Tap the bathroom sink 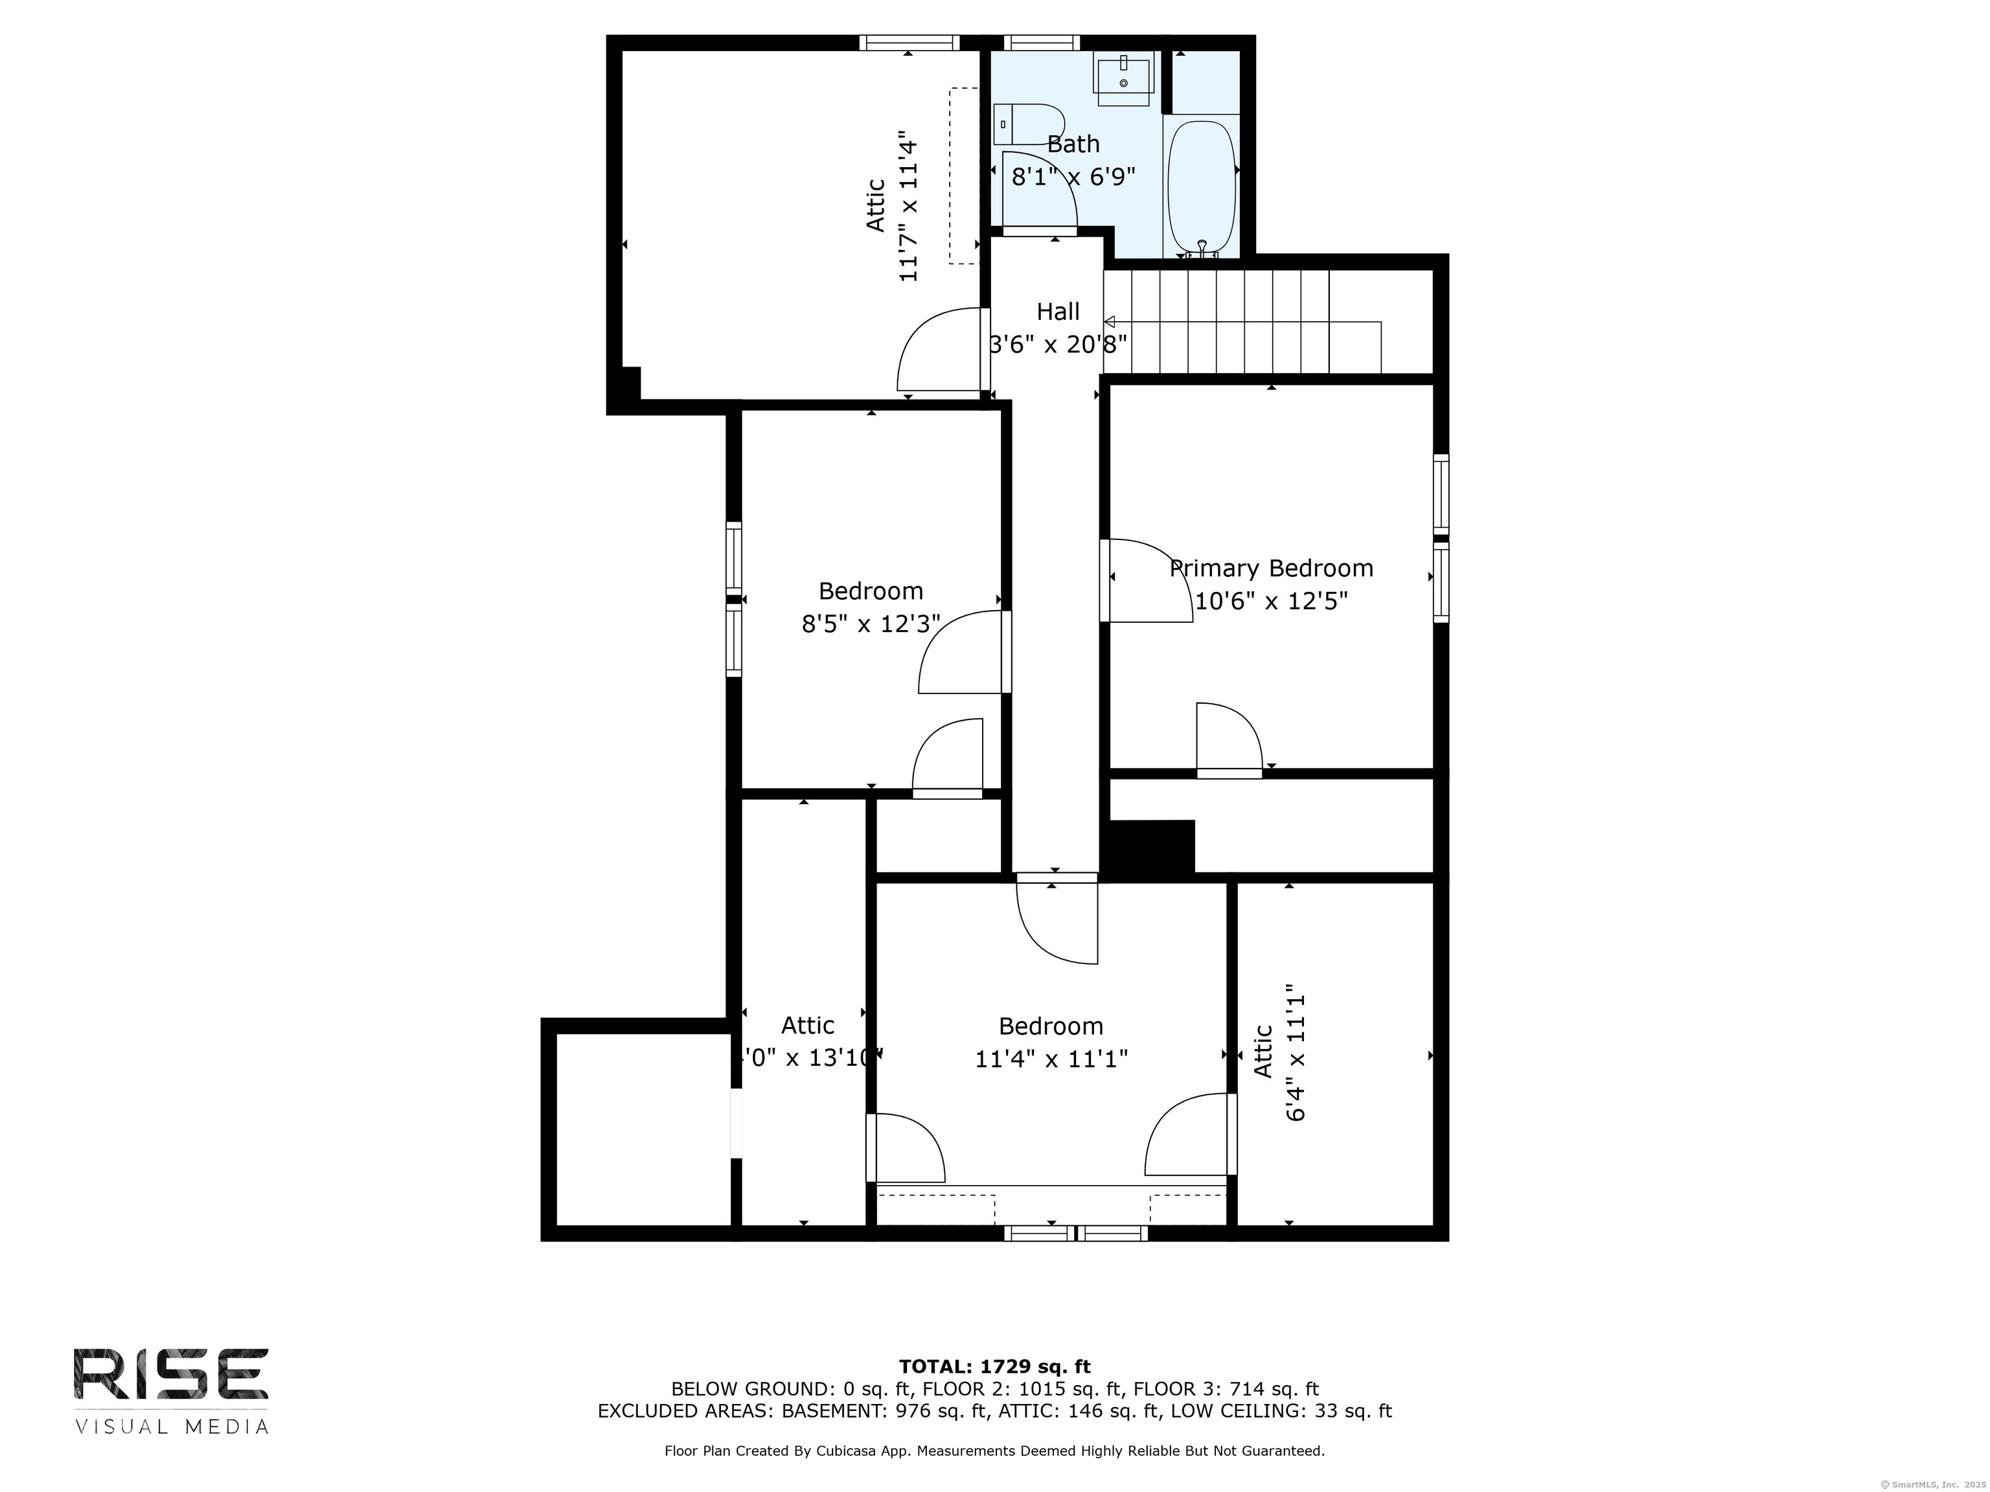pos(1123,73)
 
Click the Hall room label pos(1058,312)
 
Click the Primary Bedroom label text pos(1271,569)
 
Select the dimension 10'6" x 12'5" pos(1271,601)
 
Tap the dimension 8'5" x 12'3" pos(871,623)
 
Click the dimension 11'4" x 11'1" pos(1051,1059)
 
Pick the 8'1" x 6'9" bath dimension pos(1073,176)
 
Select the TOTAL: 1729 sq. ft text pos(994,1367)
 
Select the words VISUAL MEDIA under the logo pos(171,1427)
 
